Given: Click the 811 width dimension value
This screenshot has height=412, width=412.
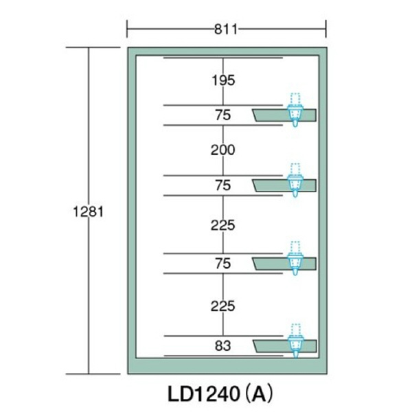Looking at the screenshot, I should pos(225,29).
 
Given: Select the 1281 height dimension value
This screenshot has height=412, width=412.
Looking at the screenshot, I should pos(88,211).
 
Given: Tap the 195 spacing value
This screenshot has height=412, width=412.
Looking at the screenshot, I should pos(223,80).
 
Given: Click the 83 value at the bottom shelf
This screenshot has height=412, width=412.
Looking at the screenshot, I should pos(223,345).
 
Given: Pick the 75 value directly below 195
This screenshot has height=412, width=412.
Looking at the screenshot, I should pos(223,115).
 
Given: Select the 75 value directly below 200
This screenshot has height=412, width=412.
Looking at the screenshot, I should pos(223,185).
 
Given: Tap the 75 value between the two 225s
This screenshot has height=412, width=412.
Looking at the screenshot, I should pos(223,263).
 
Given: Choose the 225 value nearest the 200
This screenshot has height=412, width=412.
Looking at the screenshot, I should pos(223,225).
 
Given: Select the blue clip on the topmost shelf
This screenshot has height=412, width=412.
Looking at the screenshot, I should pos(295,111).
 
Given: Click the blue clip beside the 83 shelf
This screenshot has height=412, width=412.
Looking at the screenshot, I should pos(295,341).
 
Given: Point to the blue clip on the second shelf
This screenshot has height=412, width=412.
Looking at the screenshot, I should pos(295,182).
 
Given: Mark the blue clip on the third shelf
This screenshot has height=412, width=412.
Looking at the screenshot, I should pos(295,260).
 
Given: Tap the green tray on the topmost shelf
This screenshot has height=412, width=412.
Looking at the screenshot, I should pos(271,115).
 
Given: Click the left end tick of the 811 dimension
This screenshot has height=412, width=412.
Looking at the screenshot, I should pos(128,29).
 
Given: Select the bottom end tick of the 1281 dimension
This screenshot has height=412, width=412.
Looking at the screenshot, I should pos(89,374).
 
